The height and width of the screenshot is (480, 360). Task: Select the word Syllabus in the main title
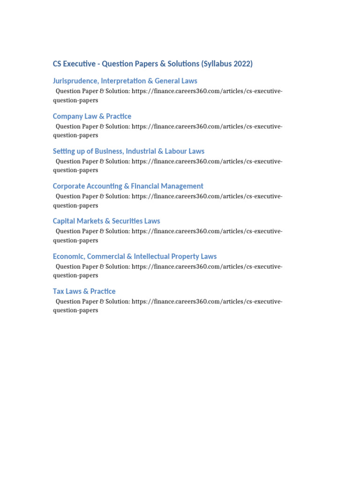tap(217, 64)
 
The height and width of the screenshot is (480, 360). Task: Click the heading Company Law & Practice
tap(92, 116)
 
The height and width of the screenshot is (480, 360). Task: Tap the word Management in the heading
tap(181, 186)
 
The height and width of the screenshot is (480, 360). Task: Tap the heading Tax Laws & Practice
tap(84, 291)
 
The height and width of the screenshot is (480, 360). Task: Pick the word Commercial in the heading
tap(106, 256)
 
